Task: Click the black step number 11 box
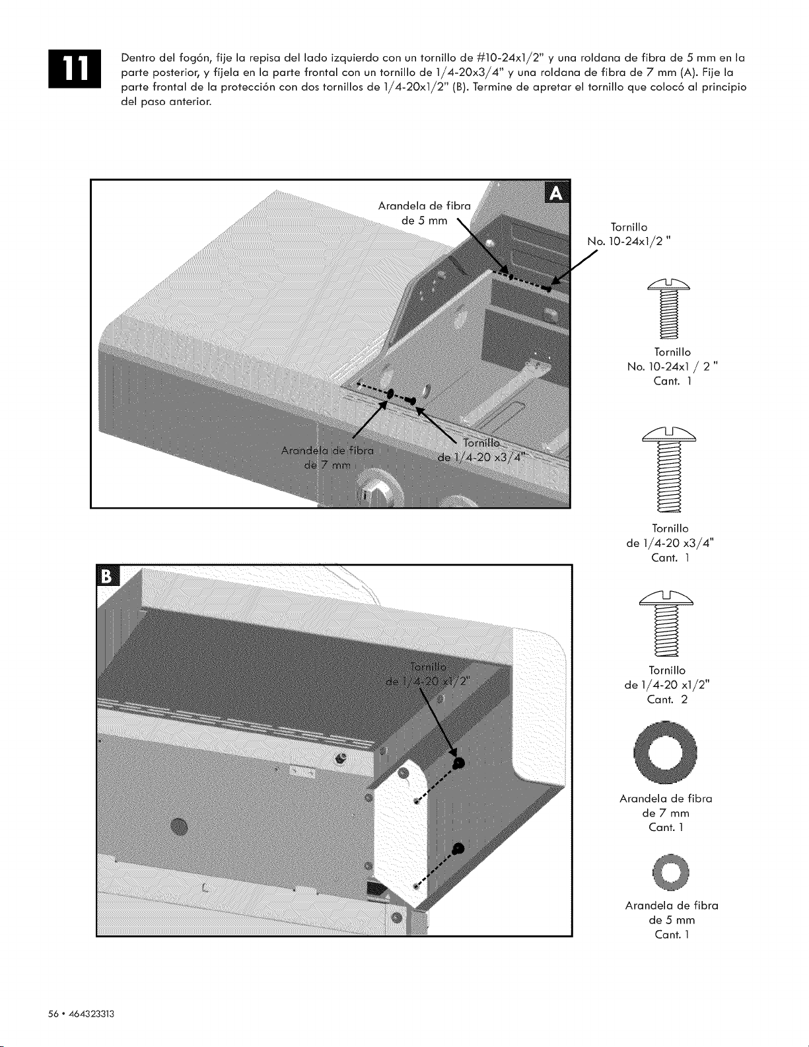[x=75, y=69]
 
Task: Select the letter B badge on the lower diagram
[x=108, y=576]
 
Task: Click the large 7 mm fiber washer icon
[x=666, y=752]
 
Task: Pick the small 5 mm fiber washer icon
[x=670, y=871]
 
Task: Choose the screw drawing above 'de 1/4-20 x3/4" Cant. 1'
[x=669, y=469]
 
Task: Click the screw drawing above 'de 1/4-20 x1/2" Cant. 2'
[x=666, y=624]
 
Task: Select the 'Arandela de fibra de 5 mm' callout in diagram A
[x=424, y=213]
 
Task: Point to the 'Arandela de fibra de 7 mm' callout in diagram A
[x=328, y=458]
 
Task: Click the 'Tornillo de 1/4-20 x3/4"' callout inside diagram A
[x=481, y=450]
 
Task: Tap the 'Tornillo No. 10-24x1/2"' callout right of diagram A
[x=629, y=234]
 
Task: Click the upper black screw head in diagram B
[x=458, y=763]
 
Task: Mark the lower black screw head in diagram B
[x=459, y=849]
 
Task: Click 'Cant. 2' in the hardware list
[x=667, y=699]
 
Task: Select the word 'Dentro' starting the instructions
[x=138, y=58]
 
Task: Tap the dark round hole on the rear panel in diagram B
[x=179, y=826]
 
